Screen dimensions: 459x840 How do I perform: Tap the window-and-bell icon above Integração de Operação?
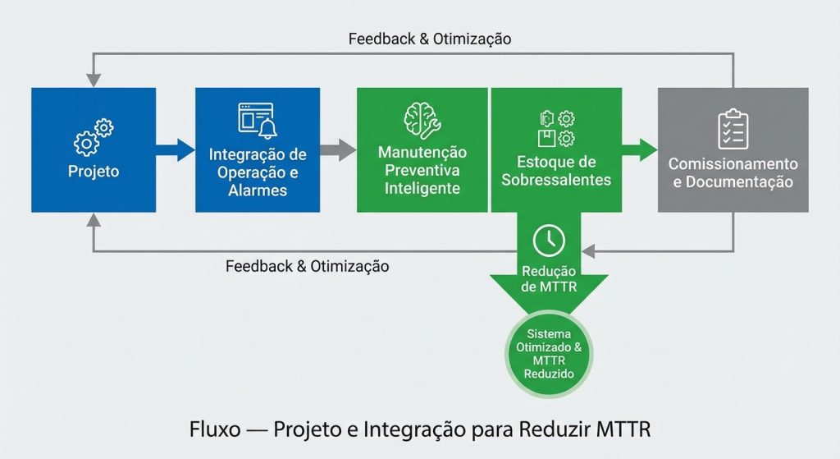pos(257,121)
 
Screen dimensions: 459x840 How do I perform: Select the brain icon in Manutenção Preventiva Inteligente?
pos(422,119)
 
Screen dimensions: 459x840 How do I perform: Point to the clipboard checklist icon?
pos(733,129)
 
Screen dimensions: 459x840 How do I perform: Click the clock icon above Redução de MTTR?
pos(548,240)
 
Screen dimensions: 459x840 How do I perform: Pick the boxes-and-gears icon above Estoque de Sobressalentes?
pos(555,127)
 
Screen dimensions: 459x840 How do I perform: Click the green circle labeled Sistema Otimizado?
pos(548,354)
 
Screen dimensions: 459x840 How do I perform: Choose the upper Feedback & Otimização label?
pos(430,39)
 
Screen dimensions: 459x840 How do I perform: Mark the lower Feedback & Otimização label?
pos(308,266)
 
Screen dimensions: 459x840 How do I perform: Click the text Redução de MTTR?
pos(548,278)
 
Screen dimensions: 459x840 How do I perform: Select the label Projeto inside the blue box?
pos(94,172)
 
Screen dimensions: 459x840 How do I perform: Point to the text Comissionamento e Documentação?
pos(733,173)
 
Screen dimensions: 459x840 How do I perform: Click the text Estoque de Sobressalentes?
pos(555,171)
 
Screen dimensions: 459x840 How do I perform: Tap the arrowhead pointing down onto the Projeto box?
pos(94,80)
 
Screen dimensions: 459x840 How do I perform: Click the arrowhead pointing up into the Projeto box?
pos(94,220)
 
